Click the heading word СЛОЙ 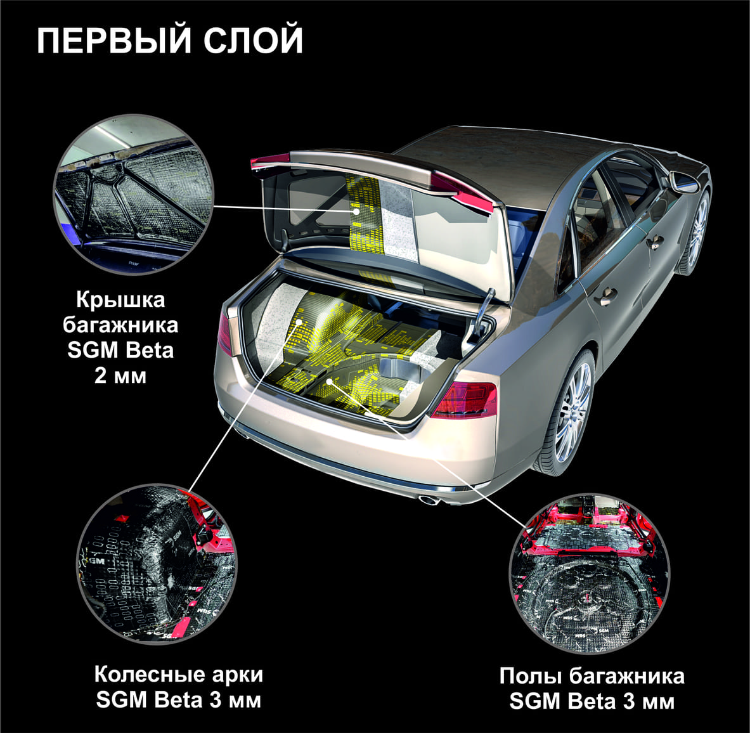tap(254, 41)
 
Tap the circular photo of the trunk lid tap(133, 195)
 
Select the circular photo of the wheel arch tap(157, 564)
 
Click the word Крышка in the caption tap(120, 300)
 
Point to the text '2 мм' tap(120, 376)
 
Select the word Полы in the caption tap(531, 676)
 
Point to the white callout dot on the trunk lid tap(356, 211)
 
